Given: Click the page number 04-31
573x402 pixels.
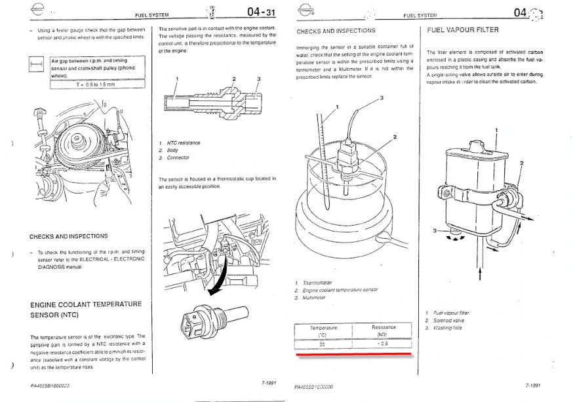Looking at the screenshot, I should click(x=260, y=12).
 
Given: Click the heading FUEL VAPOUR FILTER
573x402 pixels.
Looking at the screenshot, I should click(x=462, y=30).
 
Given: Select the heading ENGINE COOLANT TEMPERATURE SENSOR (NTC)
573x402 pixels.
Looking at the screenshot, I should click(x=86, y=310).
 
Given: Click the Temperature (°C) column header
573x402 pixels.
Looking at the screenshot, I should click(x=323, y=331).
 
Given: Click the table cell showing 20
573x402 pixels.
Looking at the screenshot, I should click(x=323, y=343).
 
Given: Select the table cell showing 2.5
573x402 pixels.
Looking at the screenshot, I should click(x=383, y=343).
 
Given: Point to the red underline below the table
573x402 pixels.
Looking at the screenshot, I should click(x=354, y=355).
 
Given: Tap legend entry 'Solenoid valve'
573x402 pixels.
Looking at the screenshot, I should click(x=449, y=320).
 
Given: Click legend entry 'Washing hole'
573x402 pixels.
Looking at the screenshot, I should click(x=448, y=327).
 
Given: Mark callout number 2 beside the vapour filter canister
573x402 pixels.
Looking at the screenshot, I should click(x=521, y=163).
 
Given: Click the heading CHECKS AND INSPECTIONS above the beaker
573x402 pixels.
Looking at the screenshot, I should click(x=336, y=31).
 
